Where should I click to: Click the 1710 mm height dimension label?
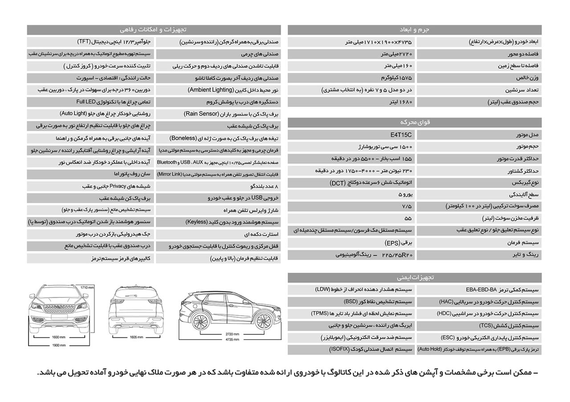87,288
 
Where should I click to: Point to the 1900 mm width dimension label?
59,345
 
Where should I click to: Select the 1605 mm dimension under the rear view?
136,337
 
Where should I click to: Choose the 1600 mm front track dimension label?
59,337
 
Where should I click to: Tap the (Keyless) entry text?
196,222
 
